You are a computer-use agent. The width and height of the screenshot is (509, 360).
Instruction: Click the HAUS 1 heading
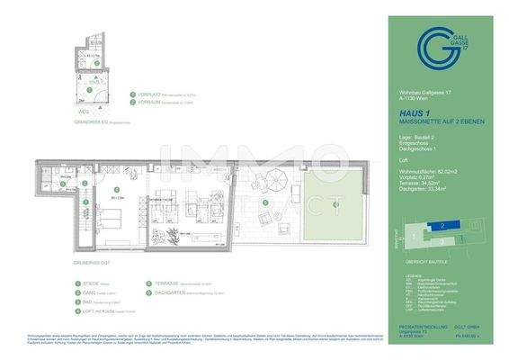coord(414,114)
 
